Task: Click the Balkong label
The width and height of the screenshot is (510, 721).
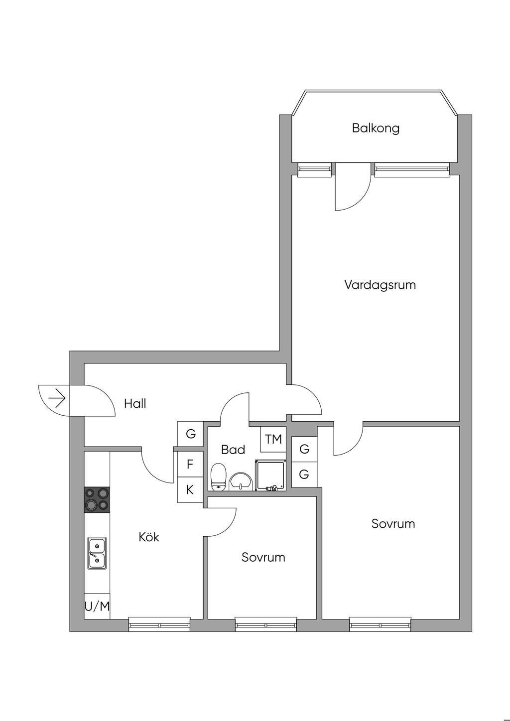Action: click(376, 128)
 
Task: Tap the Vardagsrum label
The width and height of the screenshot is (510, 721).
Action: click(380, 285)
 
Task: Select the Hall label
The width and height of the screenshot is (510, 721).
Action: click(135, 403)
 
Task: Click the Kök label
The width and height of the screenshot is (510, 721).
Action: click(149, 537)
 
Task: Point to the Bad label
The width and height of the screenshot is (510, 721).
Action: click(233, 450)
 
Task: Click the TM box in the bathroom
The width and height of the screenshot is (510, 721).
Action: click(273, 439)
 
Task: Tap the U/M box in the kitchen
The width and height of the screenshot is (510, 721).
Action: click(97, 606)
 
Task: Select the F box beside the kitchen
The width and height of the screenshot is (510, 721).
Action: click(190, 465)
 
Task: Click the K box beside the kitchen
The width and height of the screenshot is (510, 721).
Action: click(190, 490)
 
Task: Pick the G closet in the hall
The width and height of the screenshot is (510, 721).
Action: click(190, 434)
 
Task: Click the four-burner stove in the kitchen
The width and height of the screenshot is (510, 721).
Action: click(97, 499)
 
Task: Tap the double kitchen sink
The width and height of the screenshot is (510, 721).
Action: click(97, 553)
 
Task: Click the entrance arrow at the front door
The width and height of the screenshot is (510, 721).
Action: click(57, 399)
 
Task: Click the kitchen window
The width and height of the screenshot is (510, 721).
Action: click(159, 624)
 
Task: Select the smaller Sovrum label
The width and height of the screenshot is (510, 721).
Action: click(263, 557)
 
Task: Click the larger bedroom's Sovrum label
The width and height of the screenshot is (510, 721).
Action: click(393, 524)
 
